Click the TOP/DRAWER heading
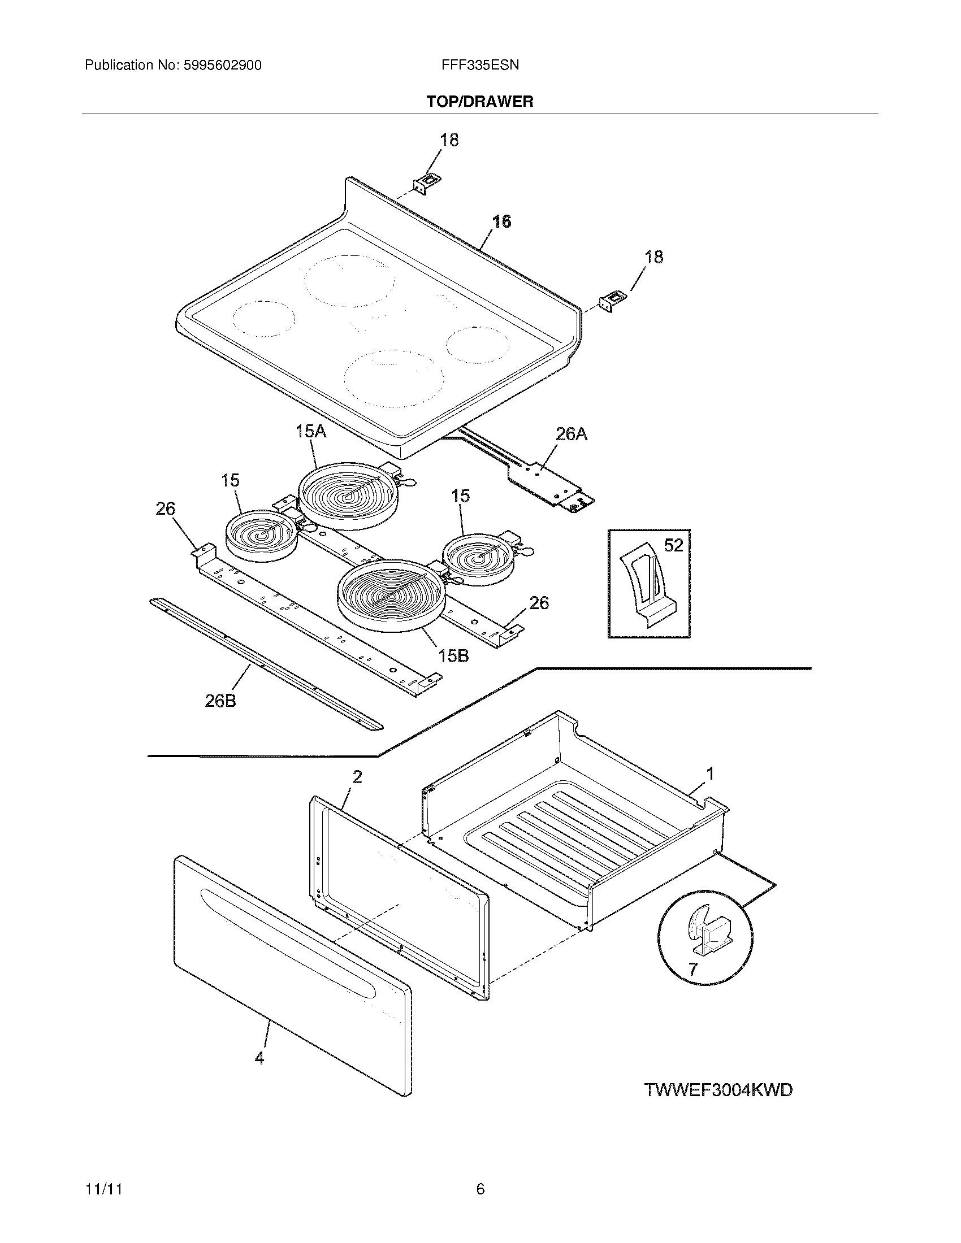pyautogui.click(x=480, y=102)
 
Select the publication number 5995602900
pyautogui.click(x=222, y=66)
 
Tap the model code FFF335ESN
pyautogui.click(x=480, y=66)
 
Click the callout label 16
pyautogui.click(x=501, y=221)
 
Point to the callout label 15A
pyautogui.click(x=311, y=432)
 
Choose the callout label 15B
pyautogui.click(x=453, y=655)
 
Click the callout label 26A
pyautogui.click(x=571, y=434)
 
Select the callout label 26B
pyautogui.click(x=220, y=701)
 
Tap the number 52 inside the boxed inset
pyautogui.click(x=673, y=545)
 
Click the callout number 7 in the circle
pyautogui.click(x=692, y=968)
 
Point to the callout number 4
pyautogui.click(x=259, y=1058)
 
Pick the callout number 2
pyautogui.click(x=357, y=776)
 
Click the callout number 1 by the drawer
pyautogui.click(x=709, y=773)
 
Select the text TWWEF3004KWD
pyautogui.click(x=718, y=1090)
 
